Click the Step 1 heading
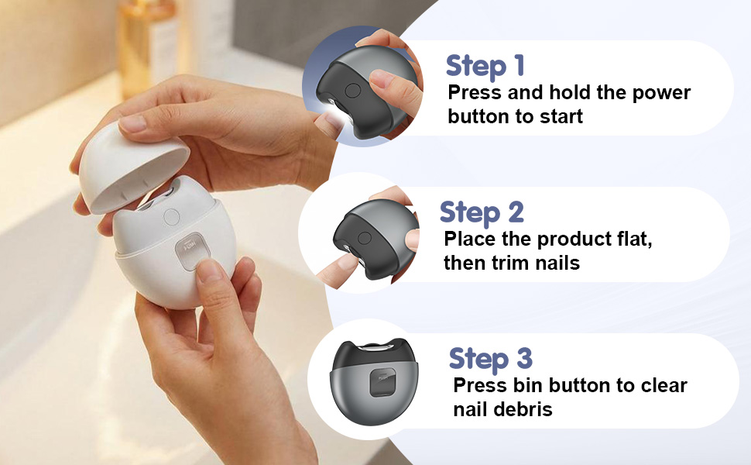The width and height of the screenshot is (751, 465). pos(485,66)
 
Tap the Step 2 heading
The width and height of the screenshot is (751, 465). pos(482,212)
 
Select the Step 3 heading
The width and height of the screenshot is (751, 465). pos(490,359)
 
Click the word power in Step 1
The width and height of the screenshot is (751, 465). pos(656,94)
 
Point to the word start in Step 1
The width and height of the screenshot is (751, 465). pos(557,117)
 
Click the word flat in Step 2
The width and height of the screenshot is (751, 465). pos(629,239)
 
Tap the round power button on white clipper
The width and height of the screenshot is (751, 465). pos(172,218)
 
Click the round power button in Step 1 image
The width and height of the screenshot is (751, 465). pos(352,91)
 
